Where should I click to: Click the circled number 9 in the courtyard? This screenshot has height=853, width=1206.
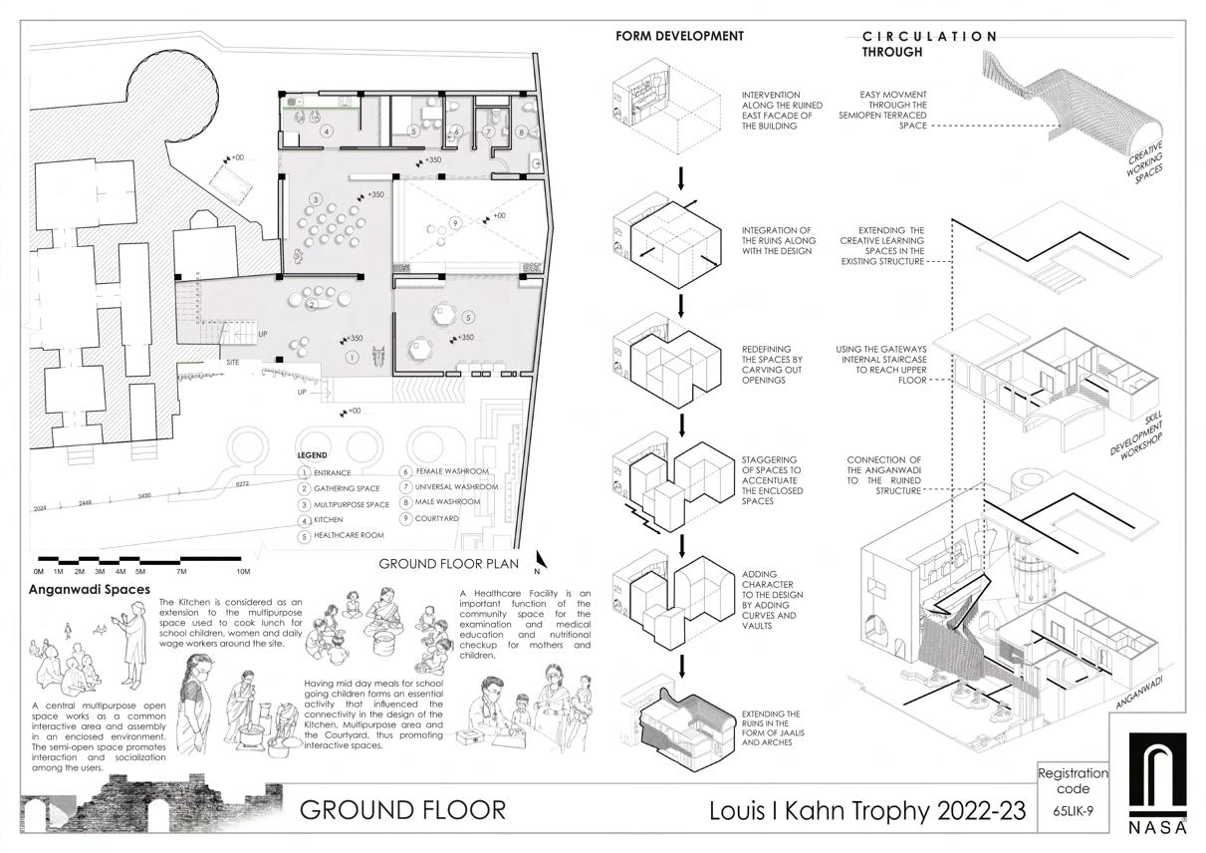click(x=455, y=222)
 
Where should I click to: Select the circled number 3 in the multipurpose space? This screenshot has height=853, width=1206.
click(x=316, y=200)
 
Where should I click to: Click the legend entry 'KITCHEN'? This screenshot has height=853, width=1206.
click(x=328, y=520)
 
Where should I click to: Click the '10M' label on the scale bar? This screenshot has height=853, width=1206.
click(x=243, y=571)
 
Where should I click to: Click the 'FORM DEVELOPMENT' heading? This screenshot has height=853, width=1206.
click(x=679, y=36)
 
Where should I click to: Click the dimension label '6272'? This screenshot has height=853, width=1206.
click(x=242, y=483)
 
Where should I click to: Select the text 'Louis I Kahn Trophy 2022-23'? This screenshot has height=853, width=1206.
click(x=866, y=810)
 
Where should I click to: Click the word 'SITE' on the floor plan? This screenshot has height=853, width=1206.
click(x=233, y=362)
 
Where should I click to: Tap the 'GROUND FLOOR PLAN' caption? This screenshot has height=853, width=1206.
click(x=449, y=564)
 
